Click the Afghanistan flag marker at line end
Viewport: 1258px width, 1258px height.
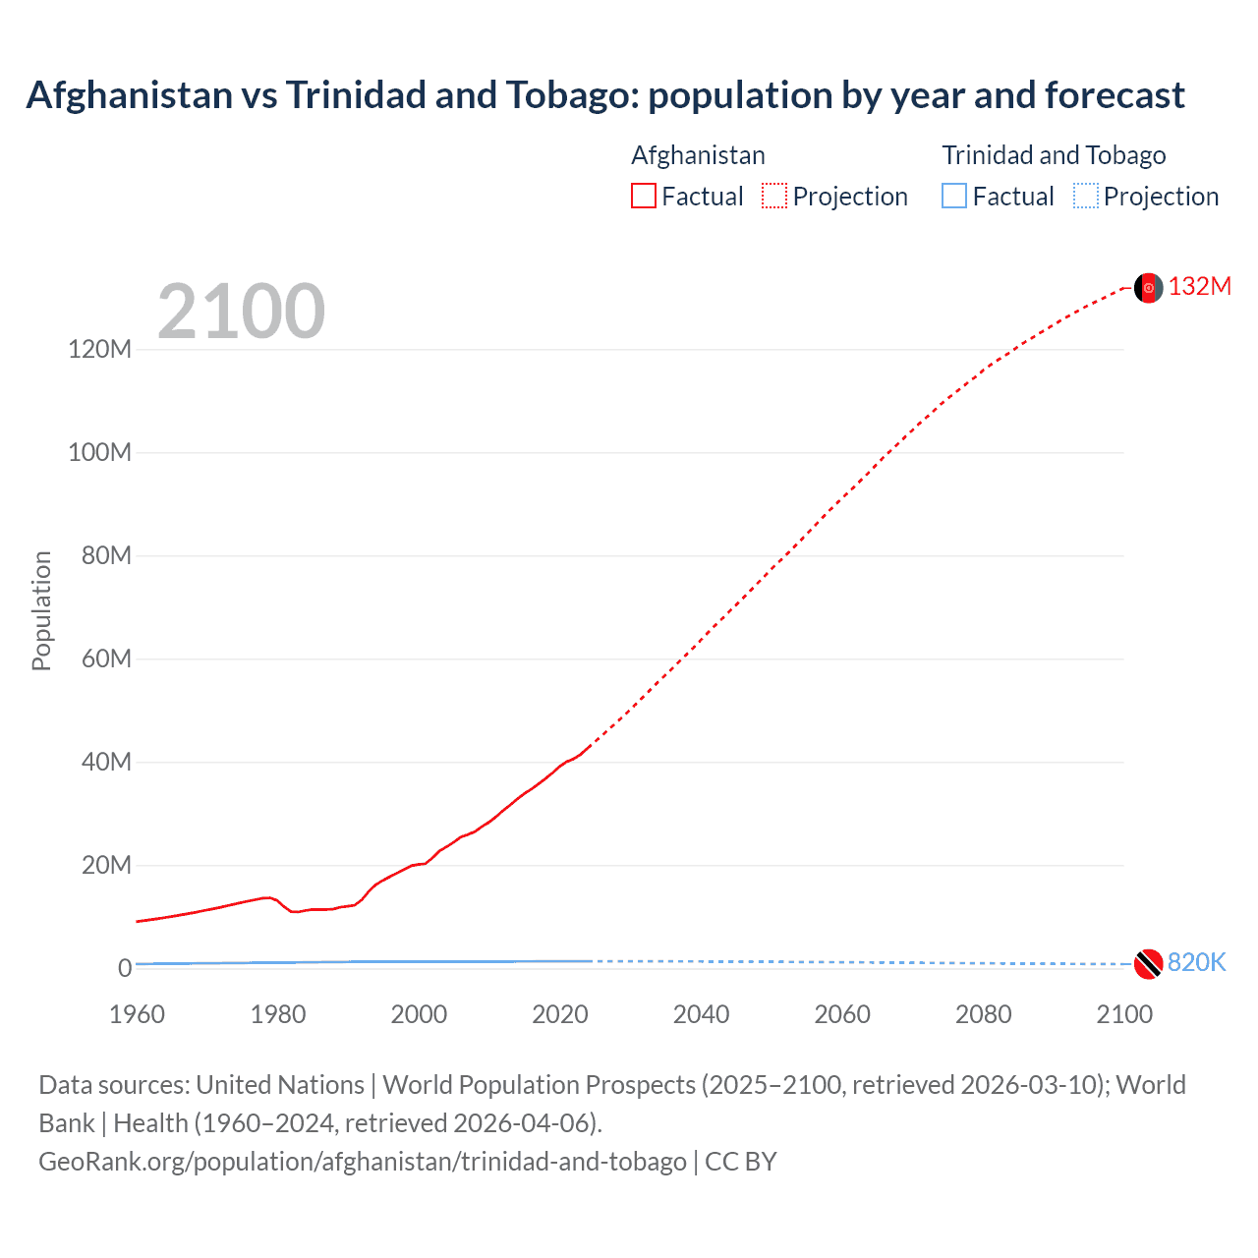coord(1148,288)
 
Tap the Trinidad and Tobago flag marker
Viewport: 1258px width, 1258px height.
coord(1148,964)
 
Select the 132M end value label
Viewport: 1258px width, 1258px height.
coord(1200,286)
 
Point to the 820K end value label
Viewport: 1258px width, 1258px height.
coord(1197,962)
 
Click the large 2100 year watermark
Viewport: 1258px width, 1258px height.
coord(241,312)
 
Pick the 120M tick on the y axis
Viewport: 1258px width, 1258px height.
coord(99,349)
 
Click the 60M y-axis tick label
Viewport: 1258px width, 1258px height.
coord(105,658)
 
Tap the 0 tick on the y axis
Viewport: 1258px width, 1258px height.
coord(125,968)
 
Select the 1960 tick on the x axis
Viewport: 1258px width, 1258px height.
coord(137,1014)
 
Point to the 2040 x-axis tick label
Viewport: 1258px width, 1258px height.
coord(701,1014)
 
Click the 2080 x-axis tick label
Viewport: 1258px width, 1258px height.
coord(983,1014)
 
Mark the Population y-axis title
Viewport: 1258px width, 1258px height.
coord(41,610)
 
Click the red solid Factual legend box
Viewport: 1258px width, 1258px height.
coord(644,197)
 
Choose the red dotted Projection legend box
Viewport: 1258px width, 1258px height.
coord(774,197)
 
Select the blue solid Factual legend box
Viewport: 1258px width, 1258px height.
coord(954,197)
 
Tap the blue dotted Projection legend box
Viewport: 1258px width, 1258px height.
coord(1086,197)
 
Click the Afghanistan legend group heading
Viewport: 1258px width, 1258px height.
coord(698,155)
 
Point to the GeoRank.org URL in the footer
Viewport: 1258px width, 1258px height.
coord(362,1161)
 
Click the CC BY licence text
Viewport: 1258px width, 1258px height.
coord(741,1161)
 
